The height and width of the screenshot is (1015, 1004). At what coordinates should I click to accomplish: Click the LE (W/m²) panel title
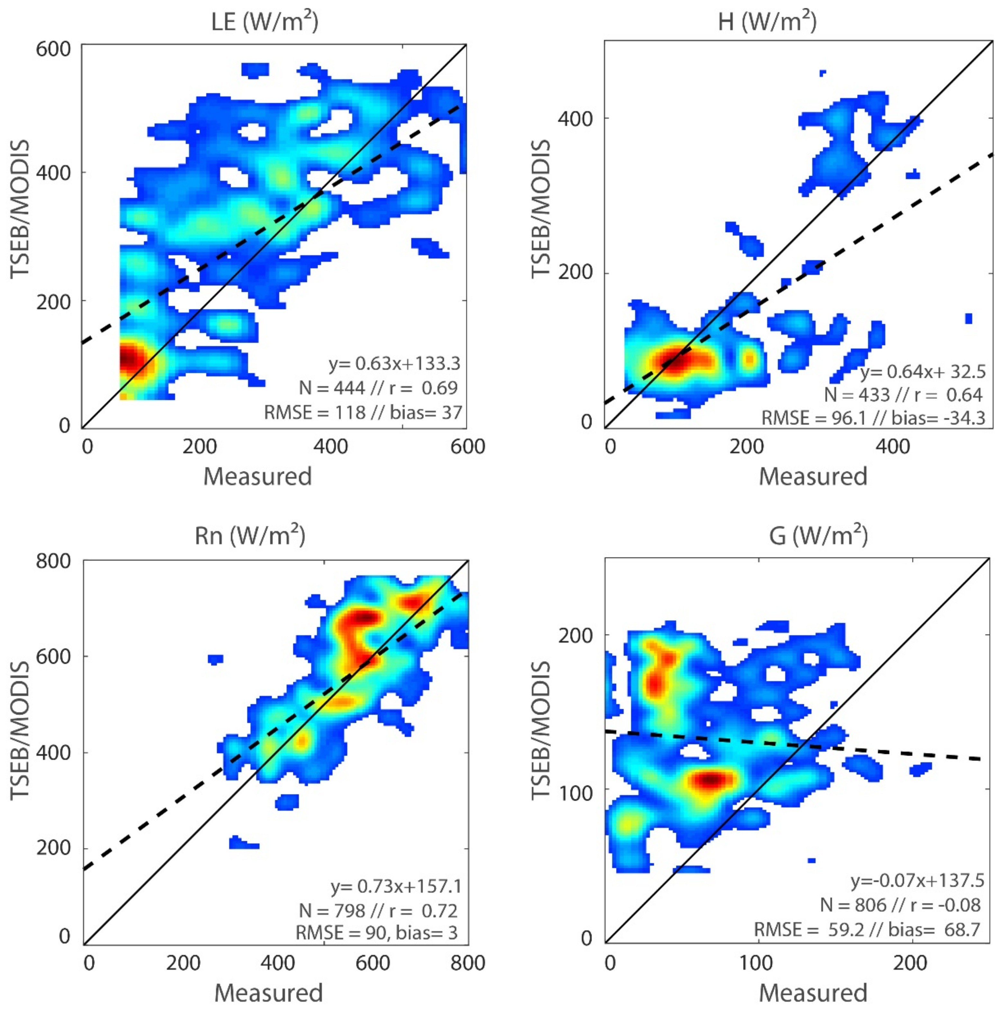[x=264, y=22]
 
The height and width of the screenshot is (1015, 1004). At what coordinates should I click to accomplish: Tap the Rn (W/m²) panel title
[x=250, y=536]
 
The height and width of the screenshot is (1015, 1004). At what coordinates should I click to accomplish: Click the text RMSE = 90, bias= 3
[x=376, y=932]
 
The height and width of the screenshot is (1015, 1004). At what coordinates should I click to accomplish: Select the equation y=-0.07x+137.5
[x=917, y=880]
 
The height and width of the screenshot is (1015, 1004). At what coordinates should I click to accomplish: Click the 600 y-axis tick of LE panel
[x=53, y=49]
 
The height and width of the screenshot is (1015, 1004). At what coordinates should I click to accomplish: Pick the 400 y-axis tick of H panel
[x=575, y=119]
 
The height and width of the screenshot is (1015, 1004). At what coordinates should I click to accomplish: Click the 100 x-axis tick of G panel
[x=757, y=962]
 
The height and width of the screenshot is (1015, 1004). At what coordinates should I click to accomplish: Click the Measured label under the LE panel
[x=257, y=476]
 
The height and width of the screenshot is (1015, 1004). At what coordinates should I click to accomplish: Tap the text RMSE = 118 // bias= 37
[x=363, y=412]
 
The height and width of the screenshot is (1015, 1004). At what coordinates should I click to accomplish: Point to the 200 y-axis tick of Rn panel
[x=53, y=847]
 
